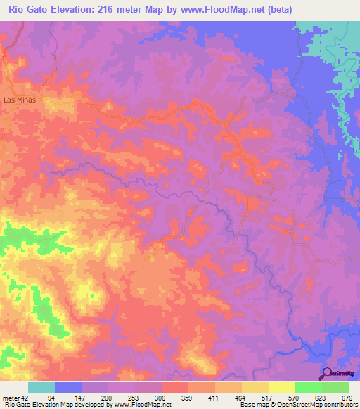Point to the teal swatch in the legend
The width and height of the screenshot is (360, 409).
[41, 387]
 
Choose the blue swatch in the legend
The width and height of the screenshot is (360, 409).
[68, 387]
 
